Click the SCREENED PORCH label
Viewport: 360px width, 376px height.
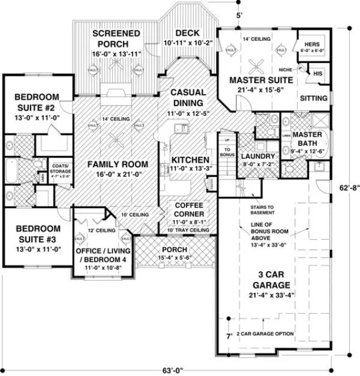[116, 39]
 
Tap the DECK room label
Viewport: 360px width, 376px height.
[187, 33]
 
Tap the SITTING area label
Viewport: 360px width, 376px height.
[314, 98]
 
